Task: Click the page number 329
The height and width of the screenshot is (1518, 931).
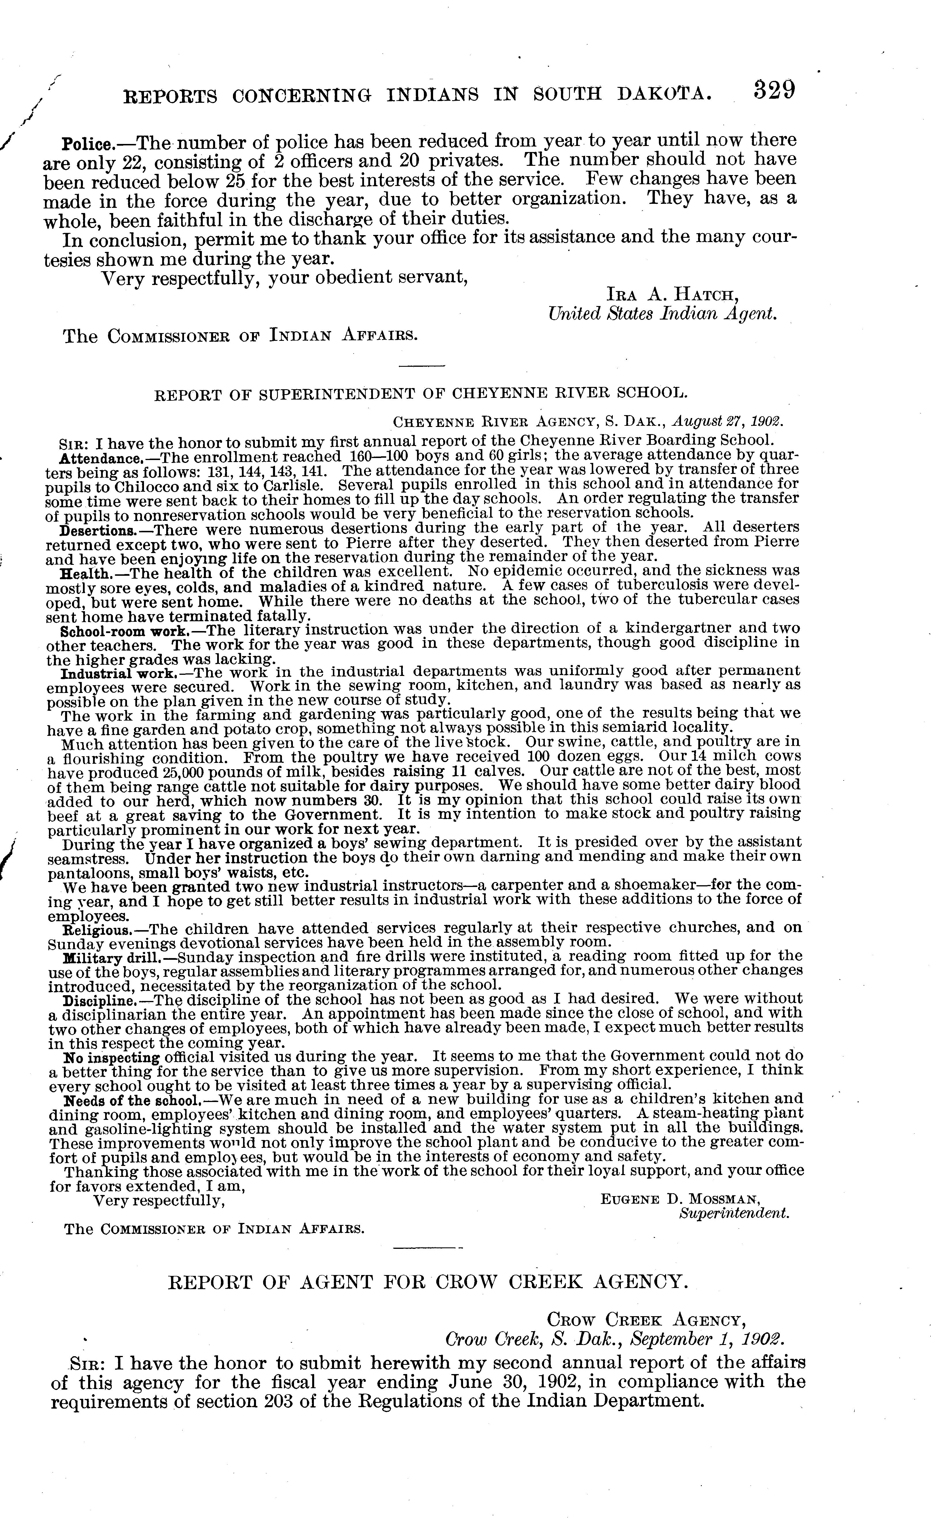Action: (x=774, y=91)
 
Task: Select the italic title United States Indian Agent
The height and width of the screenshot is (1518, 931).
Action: (x=662, y=314)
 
